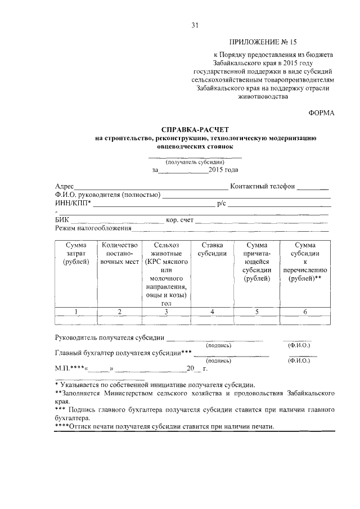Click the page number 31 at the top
(x=195, y=25)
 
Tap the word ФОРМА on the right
(x=321, y=113)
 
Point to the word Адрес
(x=65, y=186)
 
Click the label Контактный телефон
(x=262, y=186)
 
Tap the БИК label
(x=62, y=220)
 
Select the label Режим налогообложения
(x=93, y=228)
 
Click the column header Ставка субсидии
(x=212, y=249)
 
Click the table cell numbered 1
(x=75, y=312)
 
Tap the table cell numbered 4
(x=212, y=312)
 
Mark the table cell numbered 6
(x=304, y=312)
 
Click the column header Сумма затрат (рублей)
(x=75, y=254)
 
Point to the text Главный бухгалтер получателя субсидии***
(x=124, y=353)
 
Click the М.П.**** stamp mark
(x=69, y=369)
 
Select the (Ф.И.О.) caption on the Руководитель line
(x=299, y=345)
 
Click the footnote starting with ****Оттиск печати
(x=165, y=426)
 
